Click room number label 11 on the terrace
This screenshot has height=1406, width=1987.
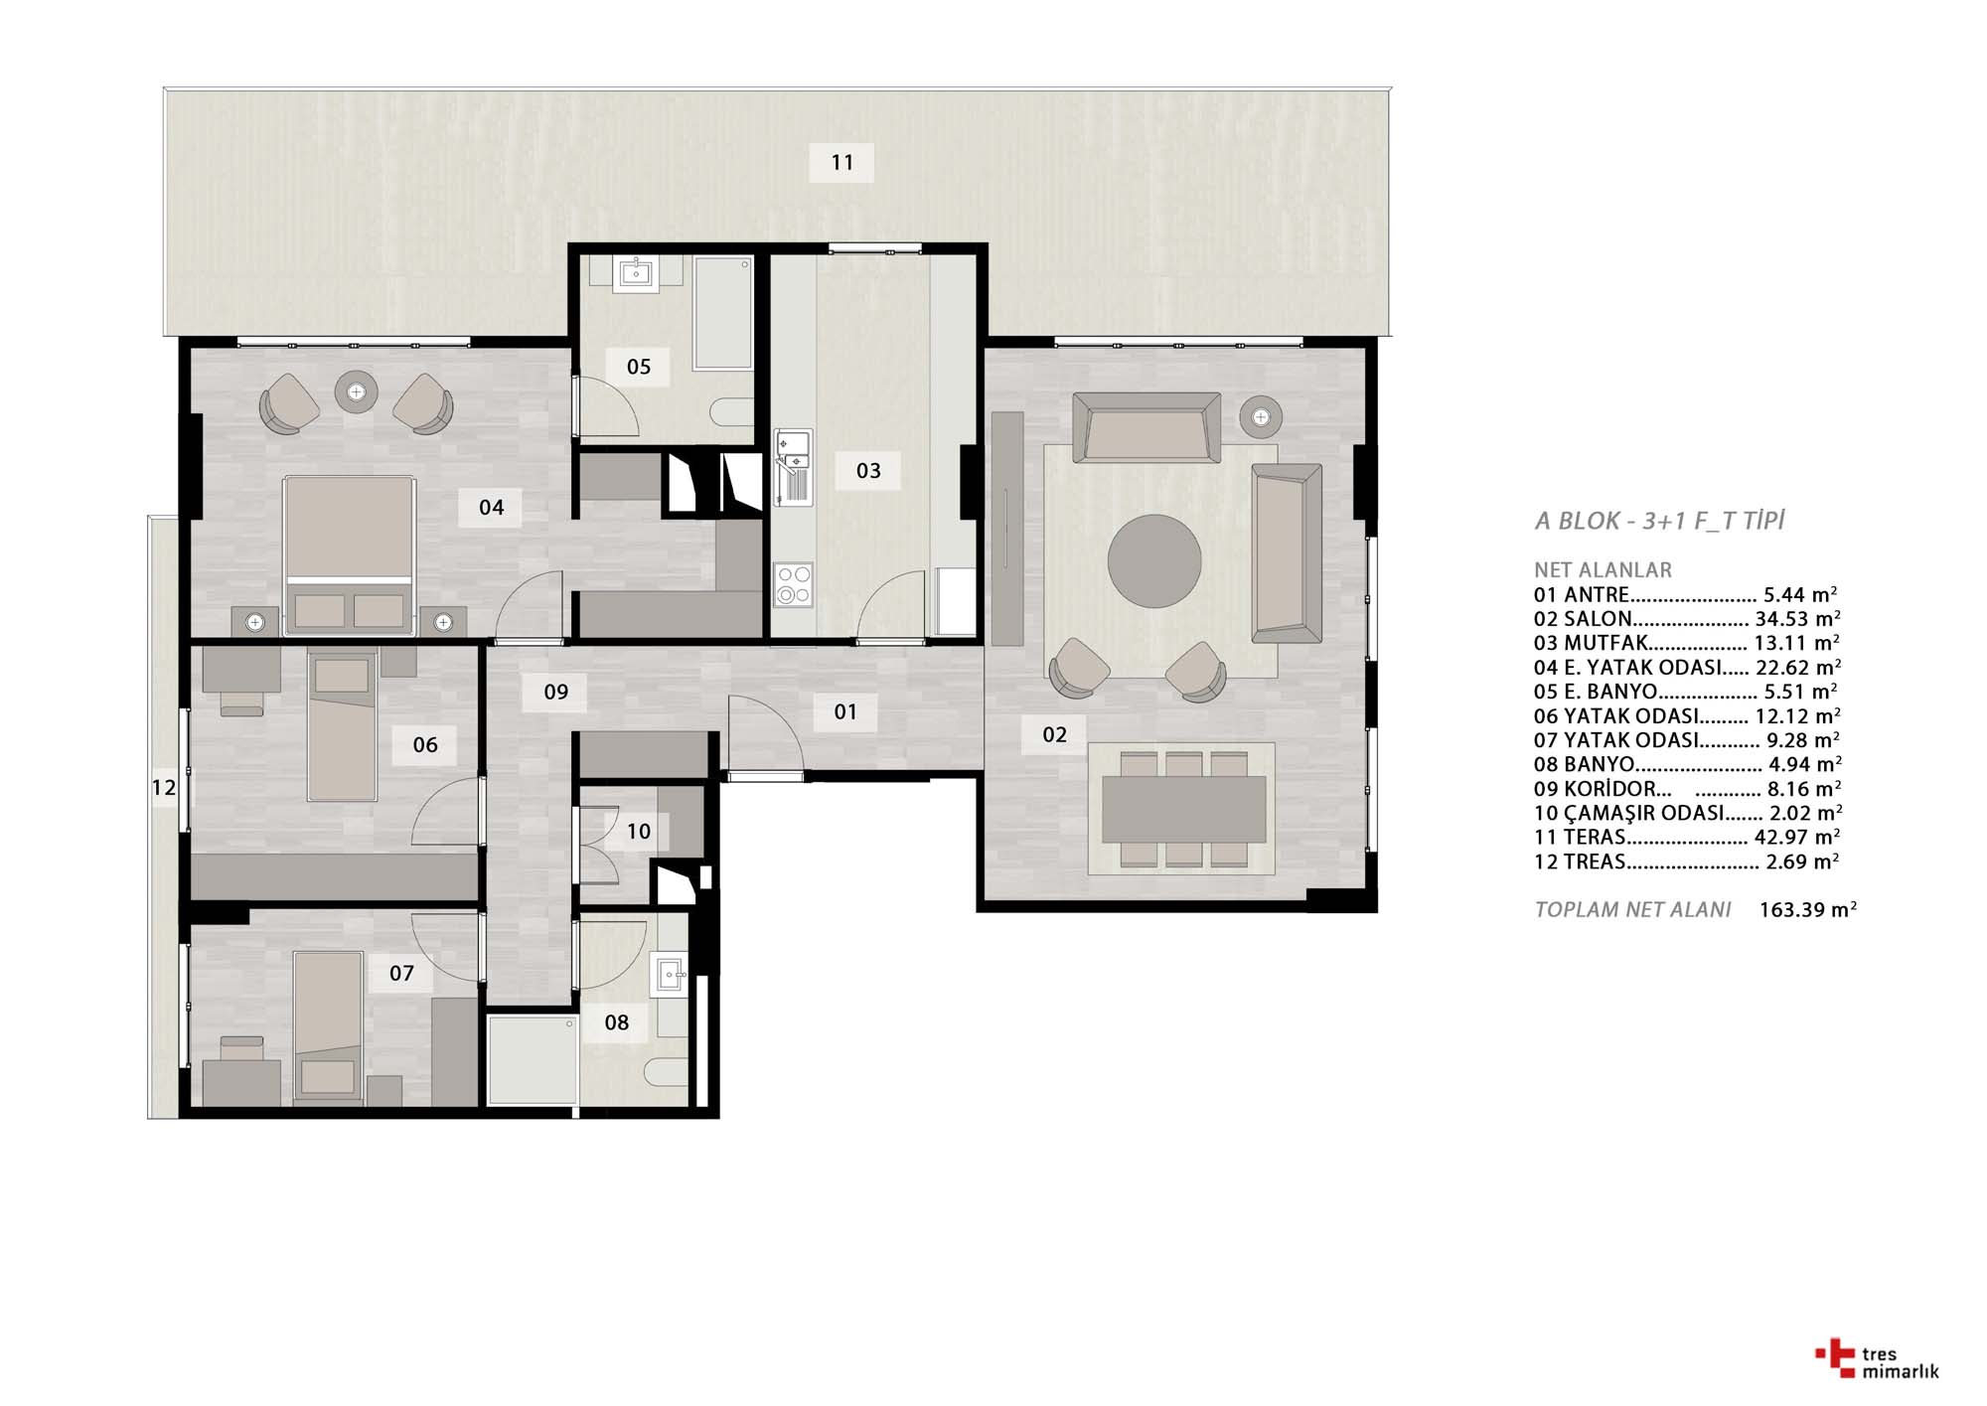click(x=842, y=162)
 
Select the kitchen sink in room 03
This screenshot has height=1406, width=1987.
click(x=794, y=467)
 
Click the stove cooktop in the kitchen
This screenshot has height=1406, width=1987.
click(x=794, y=585)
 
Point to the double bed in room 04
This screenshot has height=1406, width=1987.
click(x=348, y=555)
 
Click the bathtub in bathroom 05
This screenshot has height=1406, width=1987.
click(x=722, y=313)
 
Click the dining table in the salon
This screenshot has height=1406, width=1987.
click(x=1182, y=809)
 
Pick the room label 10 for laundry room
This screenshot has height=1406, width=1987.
click(x=639, y=831)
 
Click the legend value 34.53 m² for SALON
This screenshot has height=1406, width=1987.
click(x=1797, y=619)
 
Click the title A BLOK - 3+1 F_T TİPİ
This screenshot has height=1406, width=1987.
click(x=1659, y=521)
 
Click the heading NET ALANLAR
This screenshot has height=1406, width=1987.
click(x=1603, y=570)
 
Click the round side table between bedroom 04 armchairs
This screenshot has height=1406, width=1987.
click(x=356, y=391)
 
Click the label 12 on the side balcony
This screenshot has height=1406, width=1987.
click(x=164, y=788)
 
